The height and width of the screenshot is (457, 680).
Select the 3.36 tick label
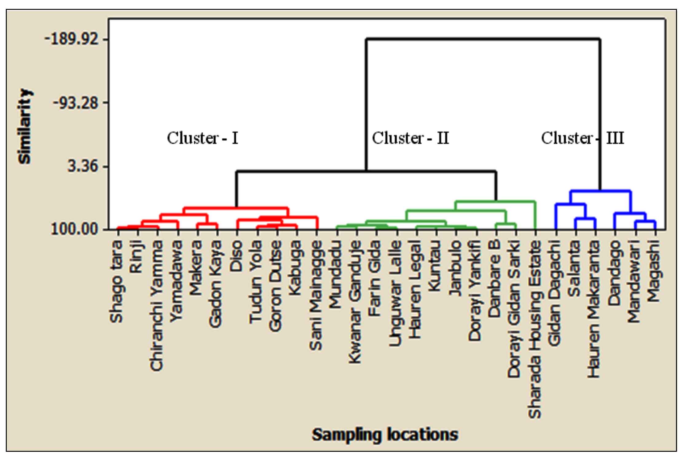point(83,166)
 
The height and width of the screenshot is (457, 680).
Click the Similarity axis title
point(25,126)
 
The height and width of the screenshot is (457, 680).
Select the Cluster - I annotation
point(202,138)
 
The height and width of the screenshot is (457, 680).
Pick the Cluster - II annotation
point(411,138)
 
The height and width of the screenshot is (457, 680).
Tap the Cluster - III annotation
point(583,138)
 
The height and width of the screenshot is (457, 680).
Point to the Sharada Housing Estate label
point(535,330)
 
